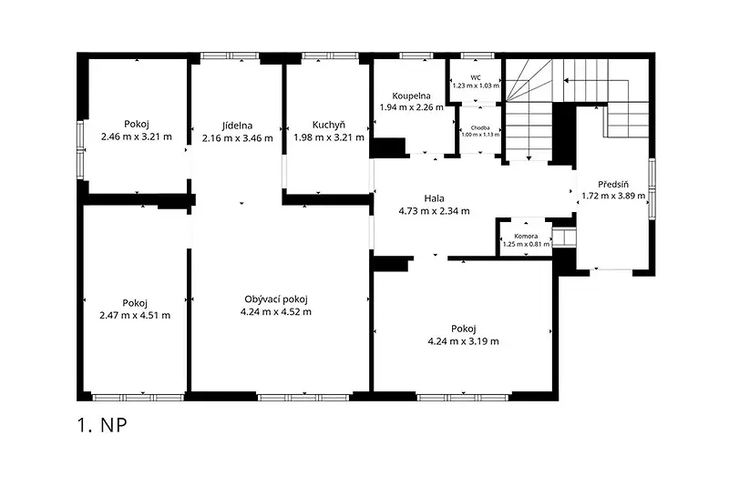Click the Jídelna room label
click(x=237, y=126)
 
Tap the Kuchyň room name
click(x=329, y=125)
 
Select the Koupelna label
click(x=412, y=96)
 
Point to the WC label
click(x=476, y=77)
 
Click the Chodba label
click(x=480, y=127)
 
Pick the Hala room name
click(x=435, y=198)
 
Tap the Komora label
click(x=526, y=237)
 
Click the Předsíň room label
click(x=613, y=184)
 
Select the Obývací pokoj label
click(x=276, y=299)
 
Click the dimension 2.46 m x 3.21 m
click(x=136, y=137)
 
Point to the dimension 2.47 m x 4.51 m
click(x=135, y=316)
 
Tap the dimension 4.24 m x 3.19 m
click(x=464, y=341)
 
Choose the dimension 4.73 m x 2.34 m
click(x=435, y=211)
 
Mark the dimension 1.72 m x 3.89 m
click(x=613, y=196)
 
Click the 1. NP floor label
click(x=102, y=425)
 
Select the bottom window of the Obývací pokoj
click(x=303, y=398)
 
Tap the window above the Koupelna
click(x=416, y=56)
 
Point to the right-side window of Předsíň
click(x=652, y=188)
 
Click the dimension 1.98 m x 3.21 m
click(x=329, y=137)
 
